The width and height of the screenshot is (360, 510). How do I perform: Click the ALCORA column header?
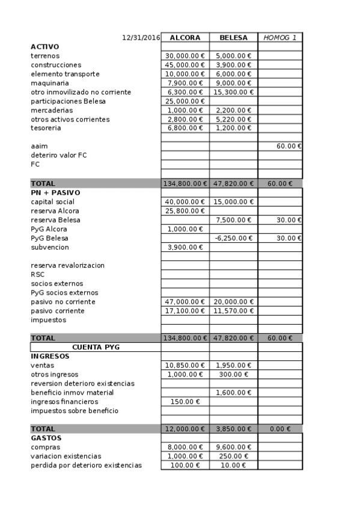pyautogui.click(x=185, y=37)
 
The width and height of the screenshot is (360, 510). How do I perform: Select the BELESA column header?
pyautogui.click(x=233, y=37)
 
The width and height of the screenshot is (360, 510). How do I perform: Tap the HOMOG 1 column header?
pyautogui.click(x=280, y=37)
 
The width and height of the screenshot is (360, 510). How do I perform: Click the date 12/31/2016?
pyautogui.click(x=141, y=37)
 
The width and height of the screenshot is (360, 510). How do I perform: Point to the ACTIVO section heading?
pyautogui.click(x=45, y=46)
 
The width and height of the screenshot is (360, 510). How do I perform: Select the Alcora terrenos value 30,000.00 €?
pyautogui.click(x=185, y=56)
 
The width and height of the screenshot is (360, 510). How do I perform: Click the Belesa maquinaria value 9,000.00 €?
pyautogui.click(x=233, y=83)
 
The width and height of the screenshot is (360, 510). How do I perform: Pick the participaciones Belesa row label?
pyautogui.click(x=68, y=101)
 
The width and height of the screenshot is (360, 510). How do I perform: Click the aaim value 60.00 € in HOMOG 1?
pyautogui.click(x=289, y=146)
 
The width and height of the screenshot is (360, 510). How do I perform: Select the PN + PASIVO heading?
pyautogui.click(x=55, y=192)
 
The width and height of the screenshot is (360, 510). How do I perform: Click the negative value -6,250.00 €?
pyautogui.click(x=233, y=238)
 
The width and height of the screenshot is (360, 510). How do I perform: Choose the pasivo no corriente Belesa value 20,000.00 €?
pyautogui.click(x=233, y=301)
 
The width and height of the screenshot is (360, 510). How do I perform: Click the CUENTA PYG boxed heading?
pyautogui.click(x=95, y=347)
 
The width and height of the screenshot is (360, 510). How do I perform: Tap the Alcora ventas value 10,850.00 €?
pyautogui.click(x=185, y=365)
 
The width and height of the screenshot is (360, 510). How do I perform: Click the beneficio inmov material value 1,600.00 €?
pyautogui.click(x=233, y=393)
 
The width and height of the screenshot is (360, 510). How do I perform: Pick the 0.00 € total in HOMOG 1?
pyautogui.click(x=280, y=429)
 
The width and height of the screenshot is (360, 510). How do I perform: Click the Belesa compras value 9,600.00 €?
pyautogui.click(x=233, y=447)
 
